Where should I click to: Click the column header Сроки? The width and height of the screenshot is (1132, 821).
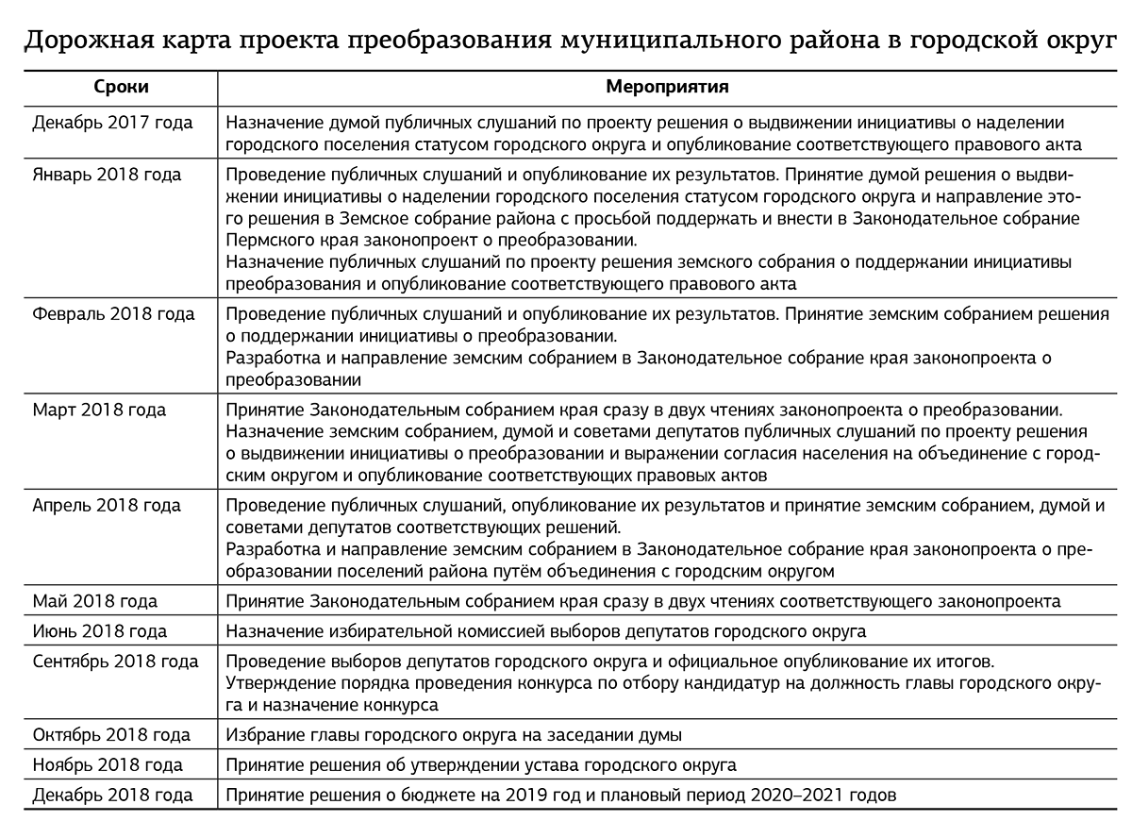tap(121, 87)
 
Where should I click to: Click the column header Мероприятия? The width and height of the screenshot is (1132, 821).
tap(666, 87)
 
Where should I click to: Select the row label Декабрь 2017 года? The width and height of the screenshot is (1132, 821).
tap(112, 123)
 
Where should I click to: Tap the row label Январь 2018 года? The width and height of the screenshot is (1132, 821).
tap(107, 176)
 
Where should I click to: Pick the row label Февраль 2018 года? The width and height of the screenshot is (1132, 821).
tap(113, 314)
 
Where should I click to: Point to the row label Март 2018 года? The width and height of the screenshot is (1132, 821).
tap(99, 410)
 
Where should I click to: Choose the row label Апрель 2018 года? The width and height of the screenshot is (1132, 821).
tap(107, 506)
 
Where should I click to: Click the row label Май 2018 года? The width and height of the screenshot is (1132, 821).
tap(95, 601)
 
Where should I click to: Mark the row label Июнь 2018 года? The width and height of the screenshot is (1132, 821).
tap(100, 631)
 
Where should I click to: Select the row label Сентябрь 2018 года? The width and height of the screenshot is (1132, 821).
tap(115, 662)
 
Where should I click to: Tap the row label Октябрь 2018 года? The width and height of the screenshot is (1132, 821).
tap(111, 734)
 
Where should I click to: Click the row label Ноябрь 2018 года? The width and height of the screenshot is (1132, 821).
tap(108, 764)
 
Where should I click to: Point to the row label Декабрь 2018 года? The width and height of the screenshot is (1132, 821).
tap(112, 795)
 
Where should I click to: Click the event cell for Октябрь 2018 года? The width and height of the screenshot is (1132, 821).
tap(454, 734)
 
